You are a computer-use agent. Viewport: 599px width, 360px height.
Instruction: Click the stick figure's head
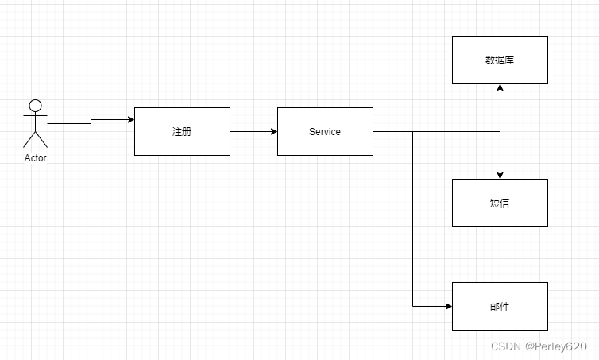35,105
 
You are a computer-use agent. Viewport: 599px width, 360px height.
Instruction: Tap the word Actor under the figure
35,158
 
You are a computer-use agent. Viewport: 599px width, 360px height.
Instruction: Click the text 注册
182,132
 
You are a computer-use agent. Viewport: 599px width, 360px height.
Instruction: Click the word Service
325,132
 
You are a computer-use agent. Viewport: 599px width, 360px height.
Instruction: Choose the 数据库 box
500,72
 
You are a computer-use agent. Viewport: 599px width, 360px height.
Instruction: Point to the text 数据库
500,60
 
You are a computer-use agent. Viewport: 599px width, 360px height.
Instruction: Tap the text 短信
500,203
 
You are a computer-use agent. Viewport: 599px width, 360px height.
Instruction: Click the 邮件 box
500,318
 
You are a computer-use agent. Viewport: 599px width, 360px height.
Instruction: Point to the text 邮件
500,307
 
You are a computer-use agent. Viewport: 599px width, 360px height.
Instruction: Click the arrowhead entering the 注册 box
130,120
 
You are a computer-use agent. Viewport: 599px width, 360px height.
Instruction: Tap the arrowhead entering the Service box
273,132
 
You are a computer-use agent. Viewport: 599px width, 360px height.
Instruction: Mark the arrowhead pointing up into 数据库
500,88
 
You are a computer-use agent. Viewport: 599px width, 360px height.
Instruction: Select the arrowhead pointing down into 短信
500,175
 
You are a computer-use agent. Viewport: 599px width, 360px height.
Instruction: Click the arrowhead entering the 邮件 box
448,306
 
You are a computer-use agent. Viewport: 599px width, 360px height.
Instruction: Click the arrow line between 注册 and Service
253,132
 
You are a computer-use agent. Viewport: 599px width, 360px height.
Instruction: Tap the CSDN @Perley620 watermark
538,346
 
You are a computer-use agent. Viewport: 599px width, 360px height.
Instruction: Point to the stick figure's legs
35,141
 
